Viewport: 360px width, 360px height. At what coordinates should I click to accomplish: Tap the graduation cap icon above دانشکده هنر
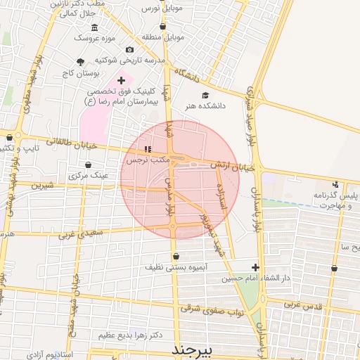pyautogui.click(x=205, y=95)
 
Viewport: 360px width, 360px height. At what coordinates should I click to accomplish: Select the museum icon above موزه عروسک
pyautogui.click(x=94, y=27)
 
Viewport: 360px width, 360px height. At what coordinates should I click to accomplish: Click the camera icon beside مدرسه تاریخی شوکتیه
pyautogui.click(x=129, y=50)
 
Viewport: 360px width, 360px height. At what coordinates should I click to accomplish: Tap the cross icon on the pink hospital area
pyautogui.click(x=121, y=81)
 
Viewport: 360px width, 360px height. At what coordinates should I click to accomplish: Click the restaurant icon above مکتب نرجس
pyautogui.click(x=148, y=149)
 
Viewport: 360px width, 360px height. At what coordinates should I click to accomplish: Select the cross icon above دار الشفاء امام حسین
pyautogui.click(x=255, y=267)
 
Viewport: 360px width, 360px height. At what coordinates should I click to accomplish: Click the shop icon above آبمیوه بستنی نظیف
pyautogui.click(x=174, y=256)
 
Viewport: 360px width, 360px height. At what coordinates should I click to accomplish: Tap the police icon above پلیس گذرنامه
pyautogui.click(x=336, y=184)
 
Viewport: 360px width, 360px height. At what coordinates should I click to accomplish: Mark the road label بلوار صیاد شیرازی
pyautogui.click(x=251, y=116)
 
